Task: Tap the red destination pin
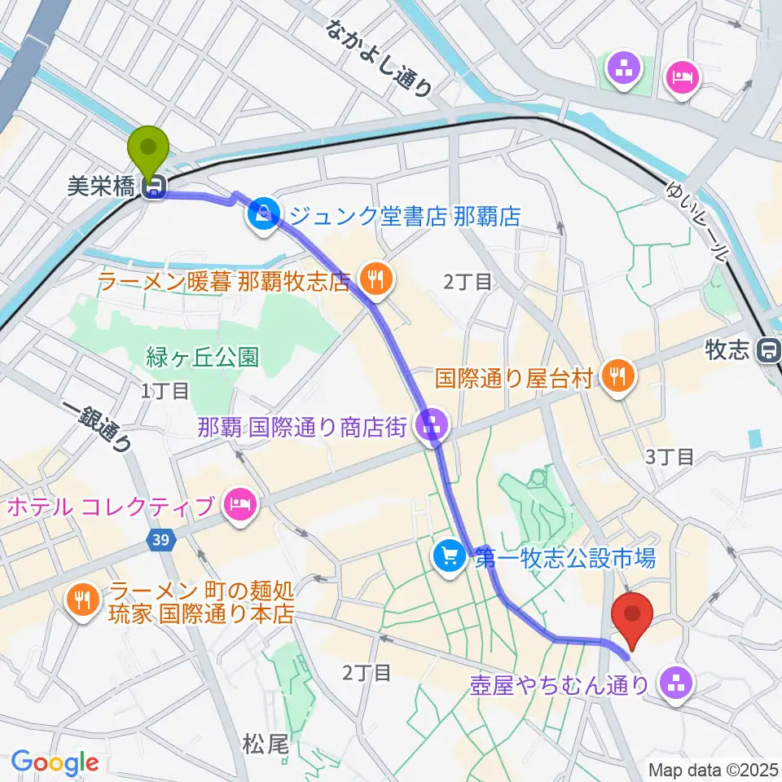636,616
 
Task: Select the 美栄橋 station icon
152,189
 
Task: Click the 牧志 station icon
767,350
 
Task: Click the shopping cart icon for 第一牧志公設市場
449,557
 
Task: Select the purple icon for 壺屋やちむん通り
675,683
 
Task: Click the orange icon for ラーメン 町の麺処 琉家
83,601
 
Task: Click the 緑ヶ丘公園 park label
202,357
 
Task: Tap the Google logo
55,763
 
